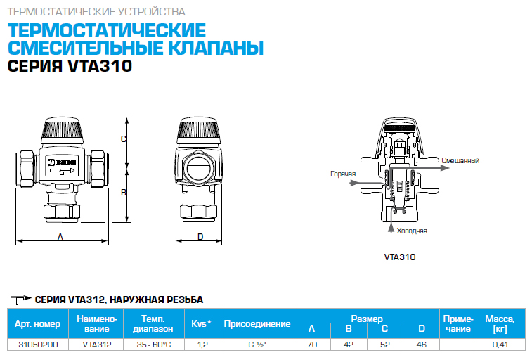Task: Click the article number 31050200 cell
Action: pos(38,345)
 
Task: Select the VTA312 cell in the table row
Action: pos(97,345)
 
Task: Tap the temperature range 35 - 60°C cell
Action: pos(154,345)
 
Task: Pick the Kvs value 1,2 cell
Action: pos(202,345)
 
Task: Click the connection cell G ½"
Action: pos(257,345)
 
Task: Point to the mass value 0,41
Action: pos(500,345)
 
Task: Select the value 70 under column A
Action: pos(312,345)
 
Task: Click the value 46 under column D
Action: pos(421,345)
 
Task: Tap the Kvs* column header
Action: pos(201,323)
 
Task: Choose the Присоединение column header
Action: pos(257,323)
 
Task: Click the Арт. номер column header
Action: pos(38,323)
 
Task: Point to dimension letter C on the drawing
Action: pos(124,139)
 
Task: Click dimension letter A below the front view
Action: pos(60,236)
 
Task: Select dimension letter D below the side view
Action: pos(200,236)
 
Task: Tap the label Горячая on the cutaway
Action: pos(343,174)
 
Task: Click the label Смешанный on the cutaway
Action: pos(460,160)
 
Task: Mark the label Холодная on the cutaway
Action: pos(412,231)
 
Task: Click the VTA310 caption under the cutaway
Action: pos(400,257)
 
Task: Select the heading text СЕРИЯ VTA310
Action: pos(70,66)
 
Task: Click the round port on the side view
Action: pos(199,168)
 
